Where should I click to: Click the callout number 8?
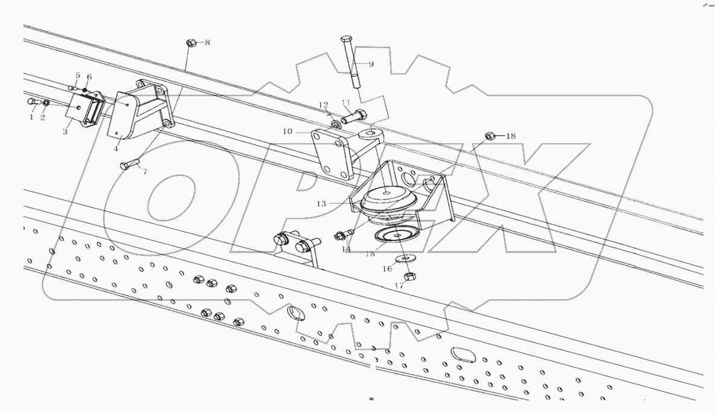[x=207, y=43]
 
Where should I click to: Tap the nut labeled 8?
[x=190, y=43]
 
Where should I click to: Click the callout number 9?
[x=371, y=64]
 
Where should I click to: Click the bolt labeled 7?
[x=130, y=164]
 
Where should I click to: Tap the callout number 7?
[x=145, y=172]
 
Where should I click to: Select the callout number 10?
[x=286, y=131]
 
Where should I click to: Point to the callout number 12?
[x=323, y=105]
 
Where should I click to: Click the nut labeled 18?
[x=490, y=136]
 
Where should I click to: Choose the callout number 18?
[x=511, y=136]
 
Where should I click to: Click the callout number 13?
[x=321, y=204]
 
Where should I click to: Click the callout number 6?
[x=89, y=77]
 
